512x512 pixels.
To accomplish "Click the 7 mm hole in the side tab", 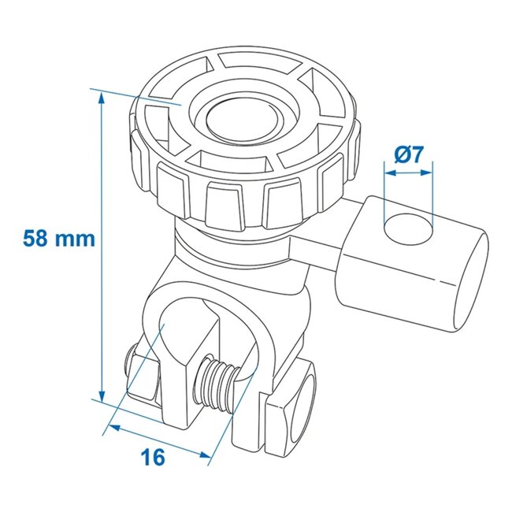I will click(x=409, y=229).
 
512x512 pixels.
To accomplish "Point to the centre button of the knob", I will click(x=243, y=119).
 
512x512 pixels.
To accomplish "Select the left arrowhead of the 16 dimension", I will click(x=111, y=427).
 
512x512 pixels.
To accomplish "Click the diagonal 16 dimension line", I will click(x=158, y=440).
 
